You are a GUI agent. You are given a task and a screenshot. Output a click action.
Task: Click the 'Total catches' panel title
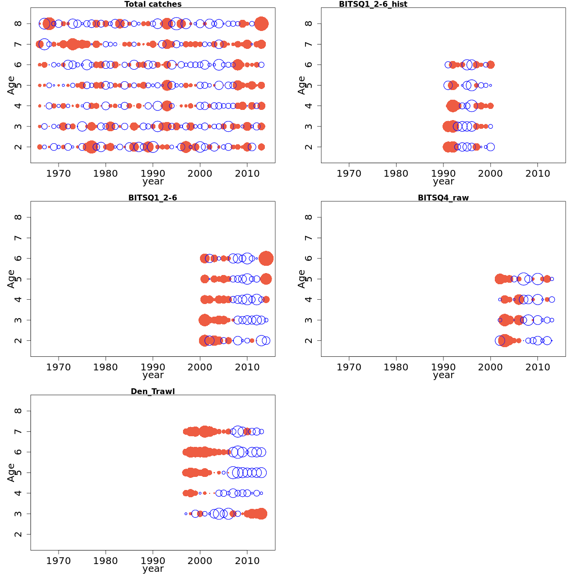(x=153, y=4)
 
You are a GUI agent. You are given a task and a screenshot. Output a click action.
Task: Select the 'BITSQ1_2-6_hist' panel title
(x=373, y=4)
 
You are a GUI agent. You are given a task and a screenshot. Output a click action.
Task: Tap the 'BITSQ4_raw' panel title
(x=443, y=198)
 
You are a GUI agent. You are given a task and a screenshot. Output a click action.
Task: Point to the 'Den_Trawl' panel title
(x=153, y=391)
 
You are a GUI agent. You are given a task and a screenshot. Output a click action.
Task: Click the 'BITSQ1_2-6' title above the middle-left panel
(x=153, y=198)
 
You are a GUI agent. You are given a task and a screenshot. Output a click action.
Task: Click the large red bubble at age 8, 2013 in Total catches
(x=261, y=23)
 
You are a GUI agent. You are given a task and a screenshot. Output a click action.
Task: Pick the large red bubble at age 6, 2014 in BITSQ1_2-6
(x=266, y=259)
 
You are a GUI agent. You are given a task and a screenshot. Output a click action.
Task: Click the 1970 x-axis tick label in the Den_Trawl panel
(x=59, y=561)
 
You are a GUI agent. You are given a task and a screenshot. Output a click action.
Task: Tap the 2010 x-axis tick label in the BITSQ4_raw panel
(x=537, y=367)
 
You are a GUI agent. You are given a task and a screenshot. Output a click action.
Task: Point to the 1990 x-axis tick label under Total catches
(x=153, y=173)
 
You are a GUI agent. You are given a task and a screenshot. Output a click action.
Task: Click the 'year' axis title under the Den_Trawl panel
(x=153, y=569)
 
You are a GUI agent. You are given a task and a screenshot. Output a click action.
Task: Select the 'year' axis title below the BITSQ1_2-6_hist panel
(x=443, y=182)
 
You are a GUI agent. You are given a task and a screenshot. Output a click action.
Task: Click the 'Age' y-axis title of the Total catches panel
(x=11, y=85)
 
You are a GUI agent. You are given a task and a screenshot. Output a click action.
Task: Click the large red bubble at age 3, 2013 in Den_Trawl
(x=261, y=514)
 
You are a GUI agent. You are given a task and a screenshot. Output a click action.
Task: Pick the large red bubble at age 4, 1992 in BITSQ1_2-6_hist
(x=453, y=106)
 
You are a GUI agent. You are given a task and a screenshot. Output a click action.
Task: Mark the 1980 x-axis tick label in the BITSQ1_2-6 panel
(x=106, y=367)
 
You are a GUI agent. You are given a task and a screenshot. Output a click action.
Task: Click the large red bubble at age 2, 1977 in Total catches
(x=91, y=147)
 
